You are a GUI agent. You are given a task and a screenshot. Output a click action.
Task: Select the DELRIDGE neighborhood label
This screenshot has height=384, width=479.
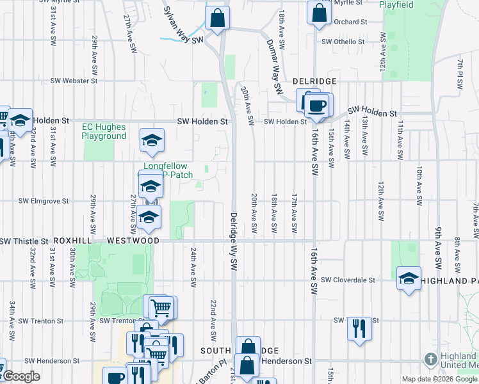tap(314, 82)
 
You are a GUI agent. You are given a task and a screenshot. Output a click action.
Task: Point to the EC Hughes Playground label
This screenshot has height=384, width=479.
tap(104, 132)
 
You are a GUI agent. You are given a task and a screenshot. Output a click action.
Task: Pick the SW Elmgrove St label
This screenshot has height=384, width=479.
tap(43, 200)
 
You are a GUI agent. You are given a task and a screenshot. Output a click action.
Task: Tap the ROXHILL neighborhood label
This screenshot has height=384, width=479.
tap(74, 241)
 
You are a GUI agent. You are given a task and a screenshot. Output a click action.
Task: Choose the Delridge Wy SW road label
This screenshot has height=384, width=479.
tap(234, 241)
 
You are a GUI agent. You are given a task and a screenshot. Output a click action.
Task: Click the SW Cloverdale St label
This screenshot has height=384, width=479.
tap(348, 280)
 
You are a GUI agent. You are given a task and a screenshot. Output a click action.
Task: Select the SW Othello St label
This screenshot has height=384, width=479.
tap(343, 42)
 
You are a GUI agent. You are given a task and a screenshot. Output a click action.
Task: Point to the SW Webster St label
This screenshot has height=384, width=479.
tap(74, 81)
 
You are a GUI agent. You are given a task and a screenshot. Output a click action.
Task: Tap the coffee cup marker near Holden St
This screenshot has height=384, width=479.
tap(318, 104)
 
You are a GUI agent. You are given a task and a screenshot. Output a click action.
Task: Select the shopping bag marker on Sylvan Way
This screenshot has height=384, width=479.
tap(218, 17)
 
